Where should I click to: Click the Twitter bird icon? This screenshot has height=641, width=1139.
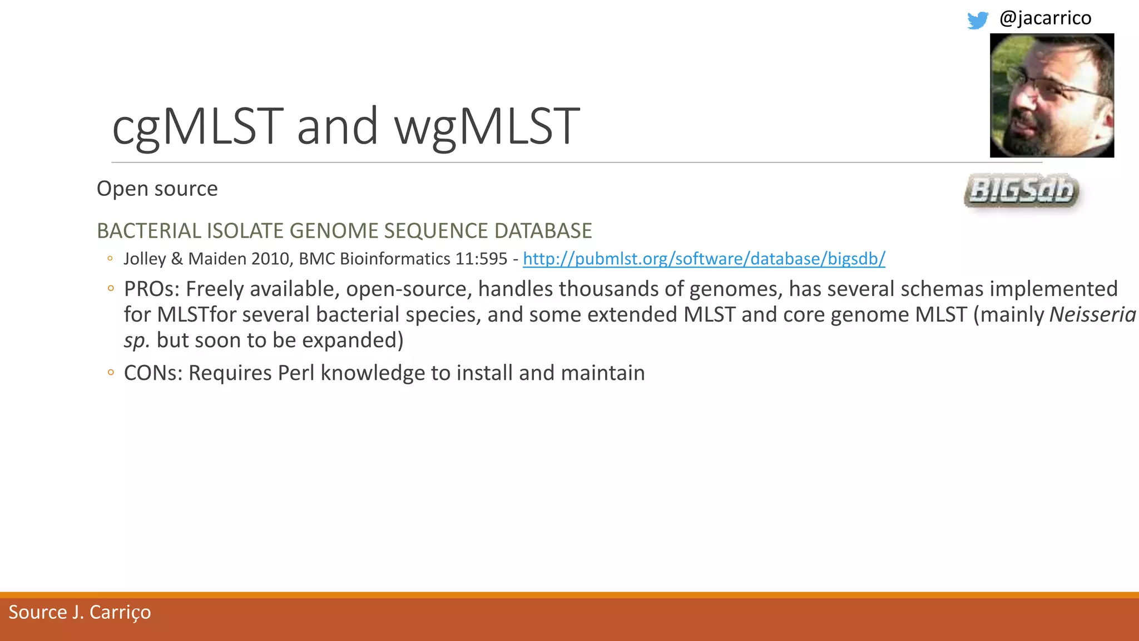pyautogui.click(x=977, y=20)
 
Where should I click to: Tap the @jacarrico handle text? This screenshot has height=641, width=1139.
pyautogui.click(x=1045, y=18)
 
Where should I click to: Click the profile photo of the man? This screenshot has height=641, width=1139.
pyautogui.click(x=1052, y=95)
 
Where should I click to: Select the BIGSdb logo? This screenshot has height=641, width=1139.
pyautogui.click(x=1022, y=191)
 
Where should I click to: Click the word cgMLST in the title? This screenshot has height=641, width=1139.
pyautogui.click(x=197, y=127)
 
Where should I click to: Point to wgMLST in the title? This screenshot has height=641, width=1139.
pyautogui.click(x=487, y=127)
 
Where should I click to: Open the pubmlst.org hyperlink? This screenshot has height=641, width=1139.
pyautogui.click(x=704, y=259)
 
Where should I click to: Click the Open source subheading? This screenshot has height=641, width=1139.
pyautogui.click(x=157, y=189)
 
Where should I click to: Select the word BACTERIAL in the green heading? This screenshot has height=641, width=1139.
pyautogui.click(x=148, y=231)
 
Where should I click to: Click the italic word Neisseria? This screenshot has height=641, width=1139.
pyautogui.click(x=1092, y=315)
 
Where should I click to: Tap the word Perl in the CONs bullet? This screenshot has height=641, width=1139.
pyautogui.click(x=296, y=373)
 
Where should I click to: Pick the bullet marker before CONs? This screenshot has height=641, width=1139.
pyautogui.click(x=111, y=373)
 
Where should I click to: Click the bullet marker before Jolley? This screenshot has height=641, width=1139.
pyautogui.click(x=110, y=259)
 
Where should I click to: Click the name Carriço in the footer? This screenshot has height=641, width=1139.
pyautogui.click(x=120, y=613)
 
